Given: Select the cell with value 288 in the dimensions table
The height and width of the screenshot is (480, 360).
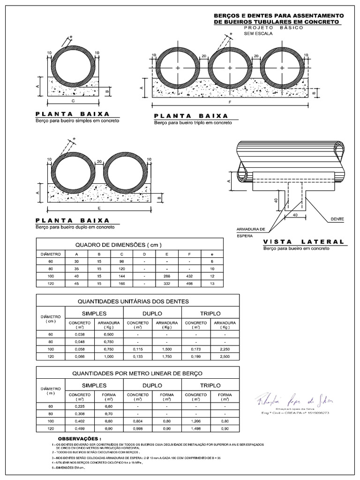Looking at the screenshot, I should pos(166,277).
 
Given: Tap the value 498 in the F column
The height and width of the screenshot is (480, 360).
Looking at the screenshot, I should pos(189,284).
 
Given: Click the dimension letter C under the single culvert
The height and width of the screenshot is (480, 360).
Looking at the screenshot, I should pos(73,100).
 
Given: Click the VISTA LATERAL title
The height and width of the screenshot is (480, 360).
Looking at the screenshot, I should pos(303,241).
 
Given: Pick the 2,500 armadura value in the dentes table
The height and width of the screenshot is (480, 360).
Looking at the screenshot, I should pos(225,357).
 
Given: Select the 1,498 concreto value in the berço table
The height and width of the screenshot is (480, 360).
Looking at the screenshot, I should pos(196,428).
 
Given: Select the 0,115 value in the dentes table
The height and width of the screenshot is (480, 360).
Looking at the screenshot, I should pos(138,349).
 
